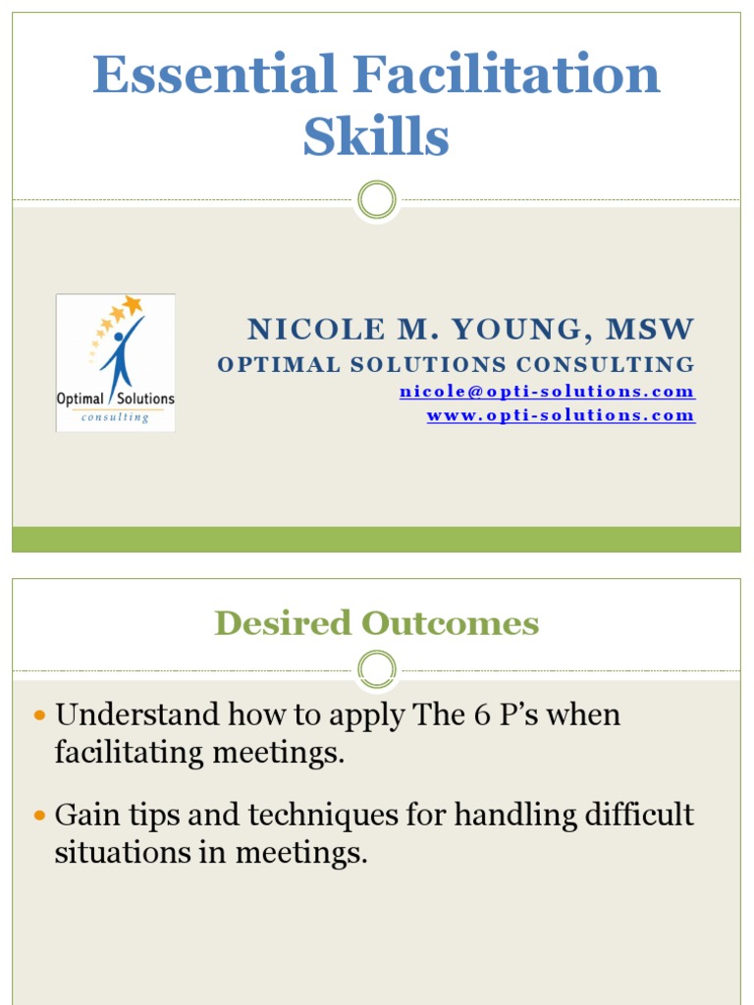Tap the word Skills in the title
point(376,137)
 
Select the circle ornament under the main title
point(376,200)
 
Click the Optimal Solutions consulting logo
point(116,362)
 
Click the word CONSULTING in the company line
point(606,365)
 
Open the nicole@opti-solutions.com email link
point(547,392)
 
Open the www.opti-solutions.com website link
point(561,415)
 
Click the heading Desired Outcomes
point(376,623)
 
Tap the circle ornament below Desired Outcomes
point(376,670)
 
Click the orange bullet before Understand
point(40,714)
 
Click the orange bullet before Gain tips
point(40,816)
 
